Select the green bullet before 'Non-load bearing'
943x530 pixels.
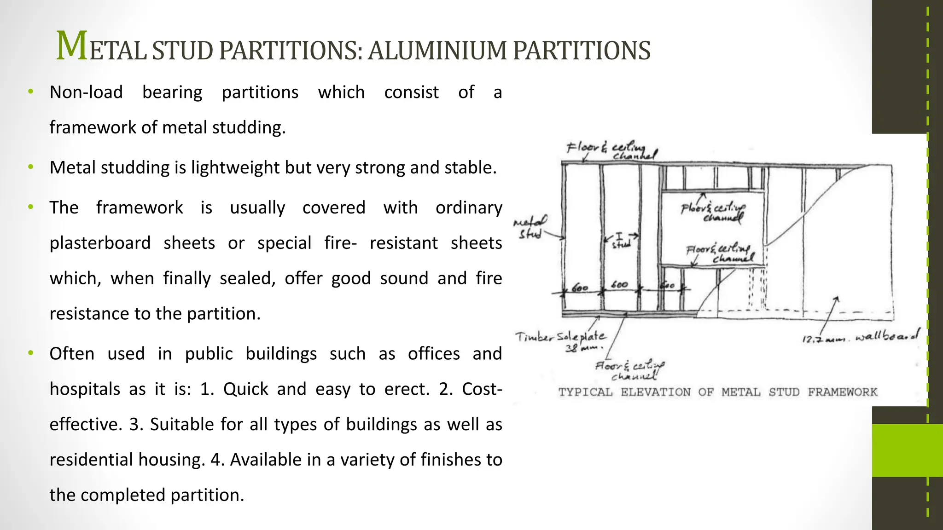(30, 92)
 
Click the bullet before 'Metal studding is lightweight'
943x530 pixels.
(30, 167)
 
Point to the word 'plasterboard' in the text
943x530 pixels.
(100, 243)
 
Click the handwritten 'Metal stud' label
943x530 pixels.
(530, 227)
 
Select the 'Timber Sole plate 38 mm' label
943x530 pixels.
(560, 341)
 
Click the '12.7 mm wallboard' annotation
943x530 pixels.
(860, 337)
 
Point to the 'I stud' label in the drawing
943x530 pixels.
(620, 241)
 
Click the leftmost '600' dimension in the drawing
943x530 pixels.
(579, 288)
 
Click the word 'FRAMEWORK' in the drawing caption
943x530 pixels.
(842, 392)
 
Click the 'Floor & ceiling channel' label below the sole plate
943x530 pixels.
(629, 370)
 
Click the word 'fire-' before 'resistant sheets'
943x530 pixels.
(340, 243)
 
